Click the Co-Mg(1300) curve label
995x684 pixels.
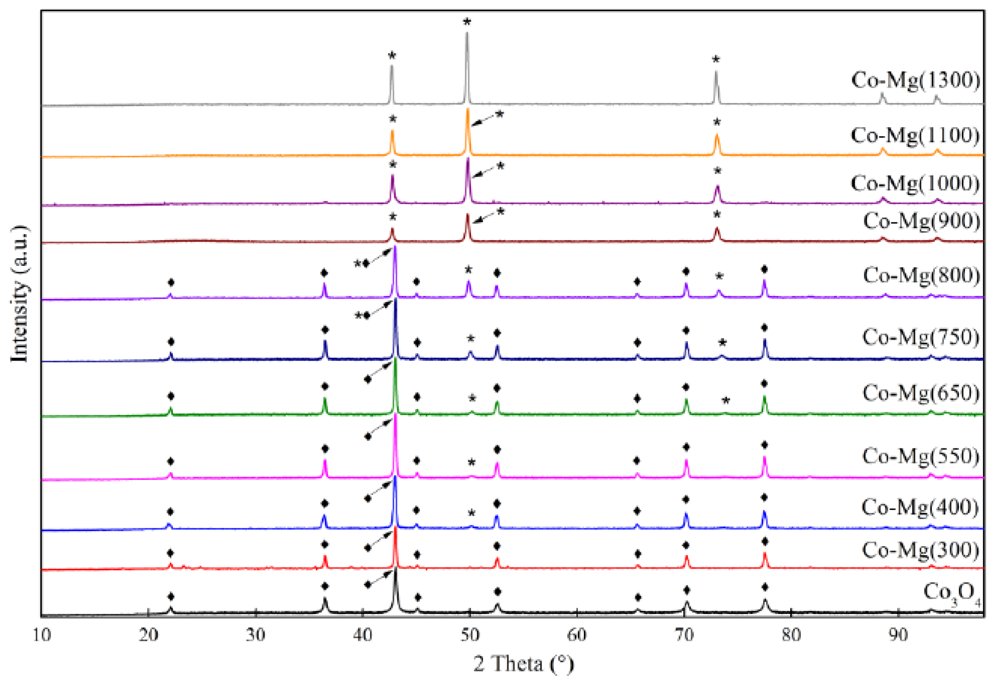click(915, 80)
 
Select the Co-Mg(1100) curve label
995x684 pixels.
click(915, 136)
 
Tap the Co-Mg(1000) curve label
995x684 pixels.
click(915, 184)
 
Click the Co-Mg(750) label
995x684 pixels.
click(921, 337)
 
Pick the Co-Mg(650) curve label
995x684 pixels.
click(921, 393)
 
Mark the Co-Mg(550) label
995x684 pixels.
click(921, 456)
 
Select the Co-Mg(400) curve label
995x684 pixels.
click(920, 507)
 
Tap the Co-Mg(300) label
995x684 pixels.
click(920, 550)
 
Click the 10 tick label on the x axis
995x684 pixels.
click(41, 635)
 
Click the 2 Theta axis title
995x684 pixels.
click(523, 664)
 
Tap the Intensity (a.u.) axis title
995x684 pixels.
click(20, 294)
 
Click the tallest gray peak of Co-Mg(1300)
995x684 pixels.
click(467, 34)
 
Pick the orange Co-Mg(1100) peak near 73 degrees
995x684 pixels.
click(717, 136)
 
